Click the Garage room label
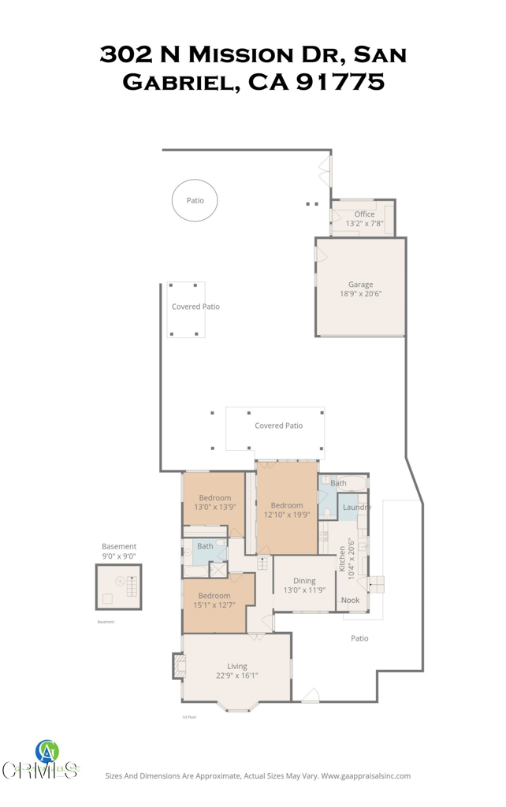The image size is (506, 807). coord(361,284)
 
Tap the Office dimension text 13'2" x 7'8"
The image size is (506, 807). coord(364,224)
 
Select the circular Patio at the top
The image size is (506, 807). coord(195,201)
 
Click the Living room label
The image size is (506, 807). coord(237,666)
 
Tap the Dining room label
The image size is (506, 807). coord(304,581)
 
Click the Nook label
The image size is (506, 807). coord(350,600)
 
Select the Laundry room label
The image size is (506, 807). coord(356,507)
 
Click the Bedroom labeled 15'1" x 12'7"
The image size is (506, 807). coord(214,601)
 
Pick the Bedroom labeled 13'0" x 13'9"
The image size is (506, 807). coord(214,502)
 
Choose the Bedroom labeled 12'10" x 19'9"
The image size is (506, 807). coord(287,510)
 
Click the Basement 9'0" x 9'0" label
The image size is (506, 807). coord(119,551)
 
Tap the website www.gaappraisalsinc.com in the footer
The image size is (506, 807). coord(366,775)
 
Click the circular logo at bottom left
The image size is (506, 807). coord(47,751)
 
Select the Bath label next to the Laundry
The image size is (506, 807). coord(338,483)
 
